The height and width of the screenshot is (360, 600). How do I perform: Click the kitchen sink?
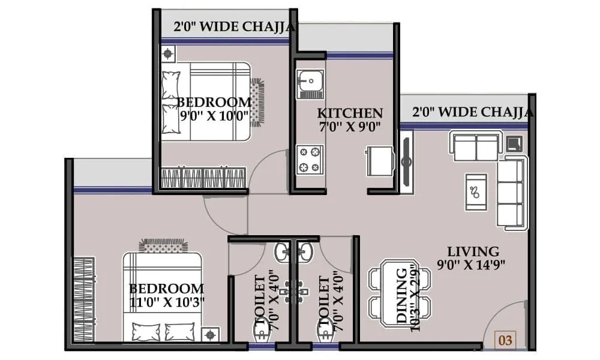coord(310,83)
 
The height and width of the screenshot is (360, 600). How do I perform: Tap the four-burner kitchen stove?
coord(310,159)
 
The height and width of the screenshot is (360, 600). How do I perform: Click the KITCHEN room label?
coord(350,113)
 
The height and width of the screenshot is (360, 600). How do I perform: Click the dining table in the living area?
coord(400,292)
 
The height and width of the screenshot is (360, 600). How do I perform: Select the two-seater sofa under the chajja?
coord(476,147)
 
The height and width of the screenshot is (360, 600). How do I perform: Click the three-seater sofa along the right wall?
coord(511,192)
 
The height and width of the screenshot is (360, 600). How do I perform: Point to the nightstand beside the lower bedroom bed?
coord(210,334)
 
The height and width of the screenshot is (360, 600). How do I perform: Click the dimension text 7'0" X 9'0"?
coord(350,126)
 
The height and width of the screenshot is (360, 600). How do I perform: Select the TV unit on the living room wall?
coord(407,162)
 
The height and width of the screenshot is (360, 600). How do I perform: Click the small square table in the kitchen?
coord(379,161)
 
